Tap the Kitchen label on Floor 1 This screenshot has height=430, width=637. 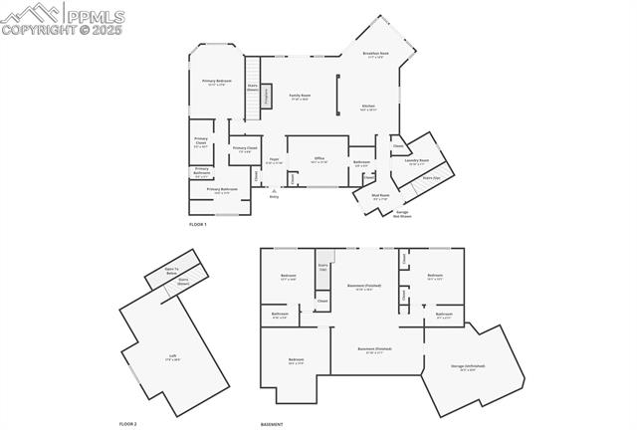[367, 107]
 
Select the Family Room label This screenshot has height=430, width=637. [300, 96]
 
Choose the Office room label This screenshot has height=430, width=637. [319, 159]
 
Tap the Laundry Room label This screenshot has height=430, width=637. [417, 161]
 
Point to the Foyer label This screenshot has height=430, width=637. [274, 160]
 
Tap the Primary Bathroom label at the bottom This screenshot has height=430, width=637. [222, 190]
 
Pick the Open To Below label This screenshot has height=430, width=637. [172, 270]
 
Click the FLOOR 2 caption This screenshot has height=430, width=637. [127, 424]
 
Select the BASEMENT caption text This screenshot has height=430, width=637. [272, 424]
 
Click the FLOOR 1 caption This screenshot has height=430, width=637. [198, 224]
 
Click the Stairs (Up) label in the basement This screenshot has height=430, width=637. [322, 267]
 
